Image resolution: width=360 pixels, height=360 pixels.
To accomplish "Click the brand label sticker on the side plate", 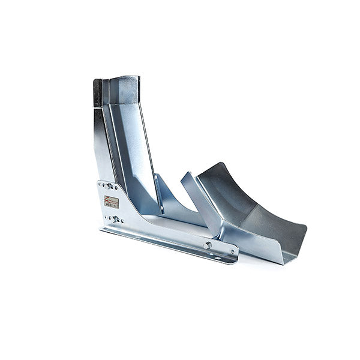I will (x=111, y=202).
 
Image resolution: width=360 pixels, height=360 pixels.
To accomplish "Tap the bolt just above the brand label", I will (x=109, y=186).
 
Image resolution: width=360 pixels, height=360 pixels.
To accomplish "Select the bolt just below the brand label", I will (x=114, y=219).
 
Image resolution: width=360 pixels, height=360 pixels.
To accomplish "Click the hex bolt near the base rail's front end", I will (x=207, y=245).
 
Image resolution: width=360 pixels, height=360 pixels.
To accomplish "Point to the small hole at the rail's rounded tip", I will (x=232, y=251).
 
